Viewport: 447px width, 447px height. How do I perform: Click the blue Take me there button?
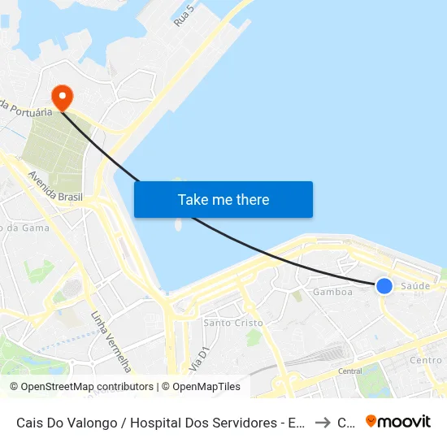click(x=223, y=199)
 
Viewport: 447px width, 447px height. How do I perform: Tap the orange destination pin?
click(x=61, y=98)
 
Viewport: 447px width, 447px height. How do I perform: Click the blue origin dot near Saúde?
click(x=384, y=285)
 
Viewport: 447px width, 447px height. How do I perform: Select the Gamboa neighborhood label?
click(x=332, y=293)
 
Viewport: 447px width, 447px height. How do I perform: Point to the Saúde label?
click(x=415, y=286)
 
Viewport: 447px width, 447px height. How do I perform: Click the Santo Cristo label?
click(x=233, y=323)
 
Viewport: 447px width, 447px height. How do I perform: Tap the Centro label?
click(x=426, y=360)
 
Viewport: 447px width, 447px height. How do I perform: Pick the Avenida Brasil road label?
click(x=55, y=190)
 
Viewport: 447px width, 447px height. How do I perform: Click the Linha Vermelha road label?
click(x=111, y=341)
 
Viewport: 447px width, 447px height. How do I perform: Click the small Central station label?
click(x=349, y=371)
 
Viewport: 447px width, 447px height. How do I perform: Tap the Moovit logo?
click(x=398, y=421)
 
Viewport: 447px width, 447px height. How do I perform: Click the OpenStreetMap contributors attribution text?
click(x=82, y=387)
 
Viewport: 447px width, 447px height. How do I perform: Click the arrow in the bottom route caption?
click(x=322, y=422)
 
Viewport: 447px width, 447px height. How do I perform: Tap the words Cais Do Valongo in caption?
click(x=61, y=422)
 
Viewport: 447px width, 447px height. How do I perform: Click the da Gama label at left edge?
click(x=24, y=228)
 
